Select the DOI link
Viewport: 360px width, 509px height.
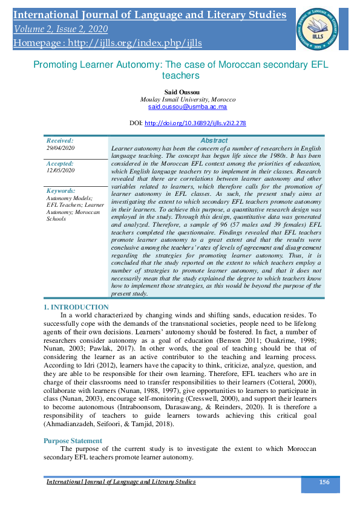click(195, 123)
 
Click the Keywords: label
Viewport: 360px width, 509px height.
click(61, 190)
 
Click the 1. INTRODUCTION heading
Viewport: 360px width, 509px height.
click(76, 307)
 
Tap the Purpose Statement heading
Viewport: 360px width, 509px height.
click(73, 441)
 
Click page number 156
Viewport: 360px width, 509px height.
click(324, 482)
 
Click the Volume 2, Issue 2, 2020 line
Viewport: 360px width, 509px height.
click(62, 28)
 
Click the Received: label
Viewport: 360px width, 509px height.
click(60, 140)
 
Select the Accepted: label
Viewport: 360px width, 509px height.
click(60, 163)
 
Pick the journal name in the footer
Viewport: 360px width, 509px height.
click(121, 482)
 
